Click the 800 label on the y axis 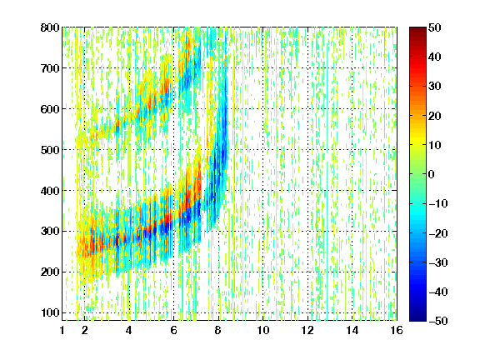(x=50, y=27)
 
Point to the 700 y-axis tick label (x=50, y=68)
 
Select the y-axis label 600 (x=50, y=109)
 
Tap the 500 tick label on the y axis (x=50, y=150)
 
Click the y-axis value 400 (x=50, y=191)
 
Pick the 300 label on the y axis (x=50, y=231)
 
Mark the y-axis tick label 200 (x=50, y=272)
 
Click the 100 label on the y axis (x=50, y=312)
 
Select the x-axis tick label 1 (x=62, y=330)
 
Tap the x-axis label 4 (x=129, y=330)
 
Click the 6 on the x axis (x=173, y=330)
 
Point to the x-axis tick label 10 (x=263, y=330)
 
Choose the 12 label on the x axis (x=307, y=330)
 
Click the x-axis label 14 (x=352, y=330)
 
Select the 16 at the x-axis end (x=397, y=330)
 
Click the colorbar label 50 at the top (x=435, y=27)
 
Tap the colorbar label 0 (x=432, y=174)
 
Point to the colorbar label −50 (x=438, y=321)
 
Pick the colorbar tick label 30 (x=435, y=87)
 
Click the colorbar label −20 (x=438, y=233)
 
